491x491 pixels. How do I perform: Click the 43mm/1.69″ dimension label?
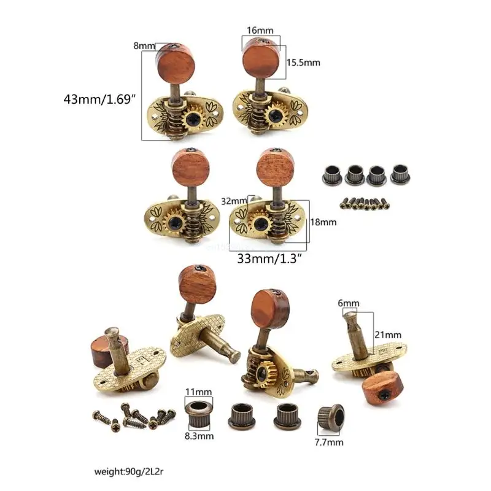(99, 99)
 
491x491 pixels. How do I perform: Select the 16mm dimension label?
(261, 29)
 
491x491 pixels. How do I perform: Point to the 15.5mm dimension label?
(303, 63)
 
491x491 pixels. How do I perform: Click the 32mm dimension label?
(234, 200)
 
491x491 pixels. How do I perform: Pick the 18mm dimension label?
(324, 223)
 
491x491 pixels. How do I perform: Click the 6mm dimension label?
(349, 303)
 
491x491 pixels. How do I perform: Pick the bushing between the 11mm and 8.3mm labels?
(198, 413)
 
